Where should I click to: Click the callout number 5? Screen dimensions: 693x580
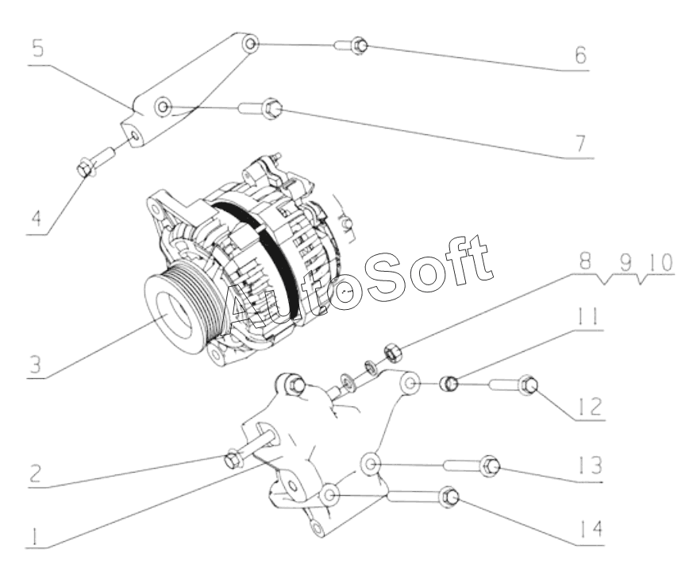(38, 48)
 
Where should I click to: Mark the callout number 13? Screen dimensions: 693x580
(591, 465)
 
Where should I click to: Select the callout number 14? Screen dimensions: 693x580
(591, 528)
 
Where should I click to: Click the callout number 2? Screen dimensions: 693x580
(35, 474)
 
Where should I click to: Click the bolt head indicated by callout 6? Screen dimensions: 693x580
(359, 46)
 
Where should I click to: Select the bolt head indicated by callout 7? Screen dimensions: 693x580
(271, 108)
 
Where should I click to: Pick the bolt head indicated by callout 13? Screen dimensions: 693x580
(490, 466)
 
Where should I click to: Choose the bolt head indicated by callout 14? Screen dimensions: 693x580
(449, 497)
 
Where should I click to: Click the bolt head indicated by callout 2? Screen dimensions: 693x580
(233, 460)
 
